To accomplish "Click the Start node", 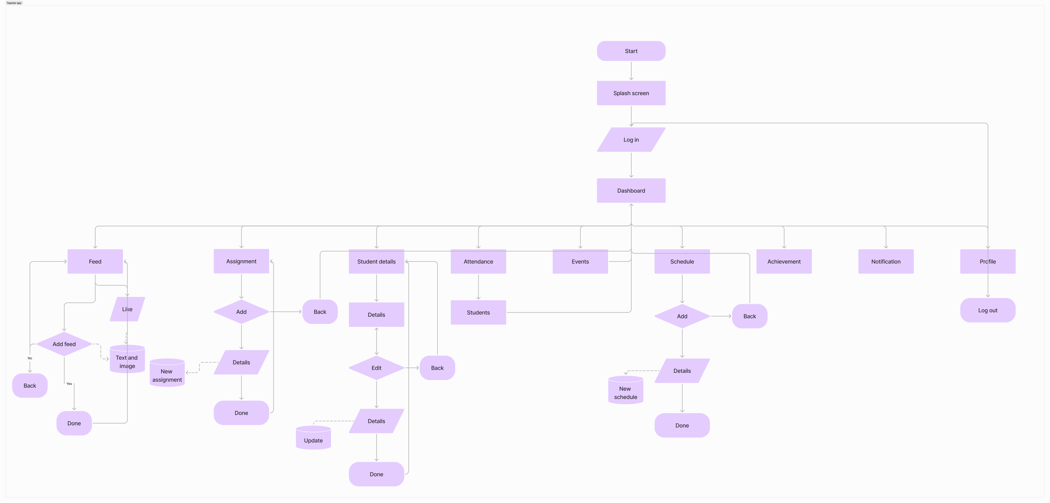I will [x=631, y=51].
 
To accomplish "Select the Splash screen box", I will [x=631, y=93].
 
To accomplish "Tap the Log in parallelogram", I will [x=631, y=140].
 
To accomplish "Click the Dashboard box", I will [x=631, y=190].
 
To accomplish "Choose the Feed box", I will [x=95, y=261].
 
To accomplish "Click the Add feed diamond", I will [x=64, y=344].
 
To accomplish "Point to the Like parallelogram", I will [x=127, y=309].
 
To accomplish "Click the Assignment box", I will [x=241, y=261].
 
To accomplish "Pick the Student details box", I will [x=376, y=261].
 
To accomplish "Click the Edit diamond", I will [x=376, y=368].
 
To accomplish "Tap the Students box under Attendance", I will [x=478, y=312].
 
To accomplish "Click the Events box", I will [x=580, y=261].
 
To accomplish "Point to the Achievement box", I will [x=784, y=261].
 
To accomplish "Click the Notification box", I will [x=886, y=261].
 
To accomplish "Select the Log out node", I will [x=988, y=310].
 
